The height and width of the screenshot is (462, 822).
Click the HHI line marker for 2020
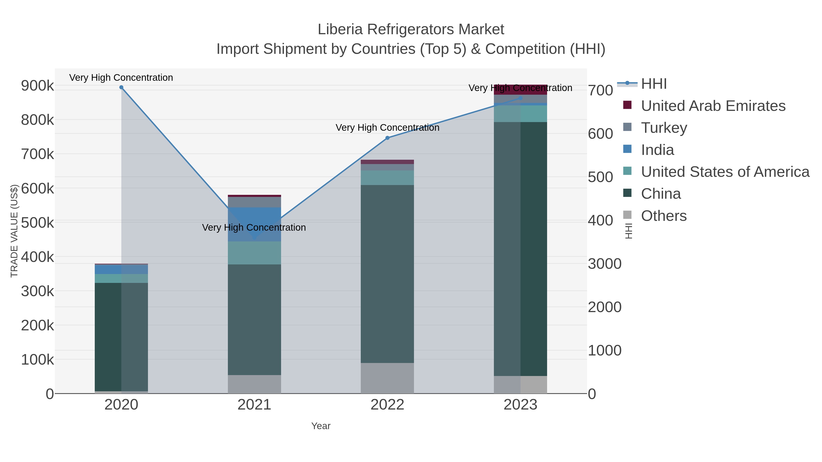tap(121, 87)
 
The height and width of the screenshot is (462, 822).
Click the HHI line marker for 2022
tap(387, 138)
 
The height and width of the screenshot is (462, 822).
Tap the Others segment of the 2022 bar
tap(387, 378)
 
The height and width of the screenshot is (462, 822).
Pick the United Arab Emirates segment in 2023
tap(520, 90)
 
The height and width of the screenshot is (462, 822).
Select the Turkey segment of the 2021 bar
tap(254, 202)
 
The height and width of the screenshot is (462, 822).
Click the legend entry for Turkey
tap(664, 128)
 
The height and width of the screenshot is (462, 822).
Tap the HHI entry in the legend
tap(653, 84)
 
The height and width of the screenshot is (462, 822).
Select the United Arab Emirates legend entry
tap(713, 106)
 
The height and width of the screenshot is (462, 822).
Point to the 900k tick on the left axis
tap(37, 86)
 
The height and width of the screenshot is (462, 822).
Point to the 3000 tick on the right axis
tap(605, 264)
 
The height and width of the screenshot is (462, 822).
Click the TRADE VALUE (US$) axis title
tap(14, 231)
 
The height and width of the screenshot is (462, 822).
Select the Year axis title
tap(321, 426)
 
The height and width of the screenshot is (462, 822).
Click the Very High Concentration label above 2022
tap(387, 128)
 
